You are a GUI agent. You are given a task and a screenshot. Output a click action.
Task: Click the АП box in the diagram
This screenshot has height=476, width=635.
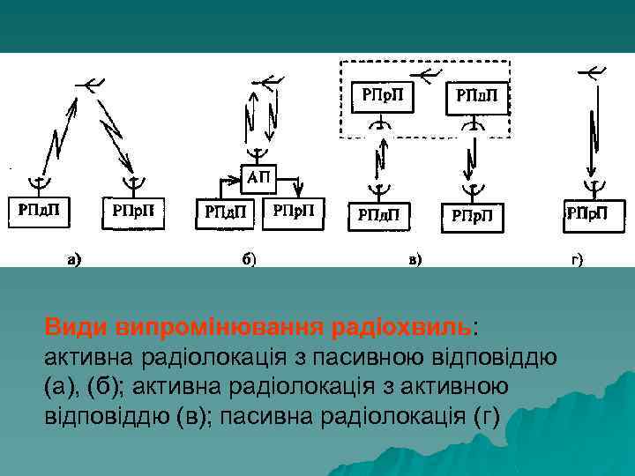pyautogui.click(x=258, y=178)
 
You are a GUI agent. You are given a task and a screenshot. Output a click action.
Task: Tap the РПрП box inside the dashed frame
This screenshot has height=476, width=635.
pyautogui.click(x=381, y=95)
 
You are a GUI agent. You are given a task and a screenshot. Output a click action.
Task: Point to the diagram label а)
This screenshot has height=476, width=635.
pyautogui.click(x=73, y=259)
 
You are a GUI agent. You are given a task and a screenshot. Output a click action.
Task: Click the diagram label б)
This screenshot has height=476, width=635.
pyautogui.click(x=250, y=259)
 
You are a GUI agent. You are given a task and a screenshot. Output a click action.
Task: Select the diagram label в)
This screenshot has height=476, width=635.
pyautogui.click(x=415, y=259)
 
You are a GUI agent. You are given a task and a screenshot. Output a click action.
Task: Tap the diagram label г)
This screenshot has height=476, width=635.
pyautogui.click(x=578, y=259)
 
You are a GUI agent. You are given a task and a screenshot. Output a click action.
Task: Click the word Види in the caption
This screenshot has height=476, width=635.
pyautogui.click(x=77, y=327)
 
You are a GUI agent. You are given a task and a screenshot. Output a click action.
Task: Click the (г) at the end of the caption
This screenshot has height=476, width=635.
pyautogui.click(x=487, y=413)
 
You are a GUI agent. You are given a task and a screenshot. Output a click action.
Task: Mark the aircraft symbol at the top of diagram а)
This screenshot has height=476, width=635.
pyautogui.click(x=91, y=84)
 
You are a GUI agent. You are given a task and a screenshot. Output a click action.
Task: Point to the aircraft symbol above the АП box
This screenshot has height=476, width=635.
pyautogui.click(x=268, y=82)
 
